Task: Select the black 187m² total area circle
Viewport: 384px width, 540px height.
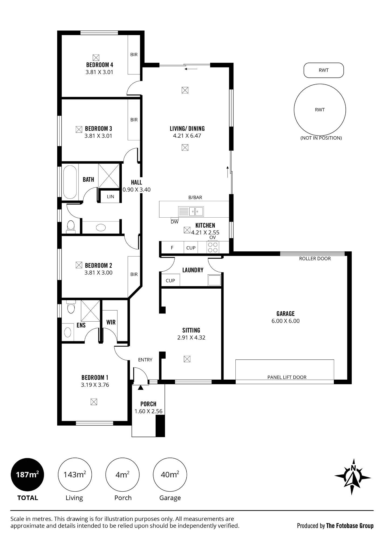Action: tap(27, 474)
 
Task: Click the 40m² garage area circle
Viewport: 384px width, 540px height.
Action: tap(170, 474)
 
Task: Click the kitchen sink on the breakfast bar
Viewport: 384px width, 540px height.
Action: tap(191, 211)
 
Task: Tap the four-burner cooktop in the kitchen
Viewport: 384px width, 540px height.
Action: tap(213, 247)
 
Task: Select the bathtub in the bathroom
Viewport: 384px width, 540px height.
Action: tap(70, 182)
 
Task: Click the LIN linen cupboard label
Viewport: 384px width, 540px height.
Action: tap(111, 197)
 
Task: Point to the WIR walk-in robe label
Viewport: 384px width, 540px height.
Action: tap(111, 322)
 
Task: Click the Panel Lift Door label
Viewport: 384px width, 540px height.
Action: tap(287, 377)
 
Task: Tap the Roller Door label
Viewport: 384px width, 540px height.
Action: tap(315, 258)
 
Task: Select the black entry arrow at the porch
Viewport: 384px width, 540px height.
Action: tap(140, 388)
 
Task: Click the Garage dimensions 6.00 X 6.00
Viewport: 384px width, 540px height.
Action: tap(286, 321)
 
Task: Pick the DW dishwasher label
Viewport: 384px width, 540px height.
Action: tap(174, 222)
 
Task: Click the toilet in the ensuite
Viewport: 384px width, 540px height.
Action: tap(71, 307)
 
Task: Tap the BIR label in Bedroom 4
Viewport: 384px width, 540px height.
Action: tap(134, 55)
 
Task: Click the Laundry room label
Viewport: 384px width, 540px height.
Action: tap(193, 270)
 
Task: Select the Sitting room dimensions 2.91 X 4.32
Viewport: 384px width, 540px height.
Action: tap(191, 337)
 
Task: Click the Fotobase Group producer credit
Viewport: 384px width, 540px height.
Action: tap(335, 526)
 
